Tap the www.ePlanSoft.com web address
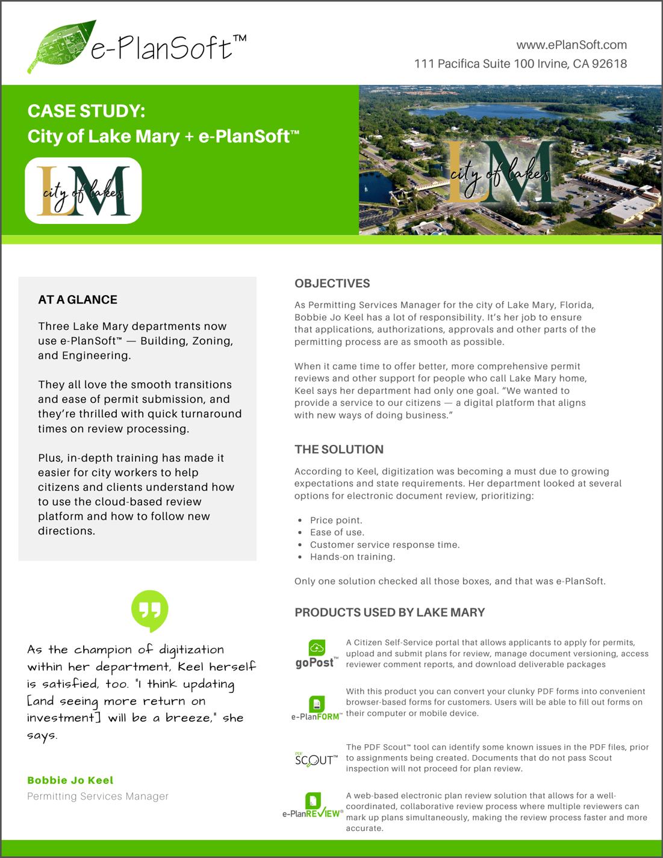(571, 45)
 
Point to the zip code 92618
(609, 64)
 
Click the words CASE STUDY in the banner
(86, 111)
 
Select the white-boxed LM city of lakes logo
(83, 191)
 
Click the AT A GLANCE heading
(78, 300)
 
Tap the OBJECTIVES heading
(332, 284)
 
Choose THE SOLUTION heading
(338, 450)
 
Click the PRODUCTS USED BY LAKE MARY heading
(389, 612)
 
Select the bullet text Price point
(336, 520)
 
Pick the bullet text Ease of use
(337, 532)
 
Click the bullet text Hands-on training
(352, 557)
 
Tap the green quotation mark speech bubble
(149, 611)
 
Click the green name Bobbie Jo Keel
(70, 780)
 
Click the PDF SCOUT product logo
(316, 759)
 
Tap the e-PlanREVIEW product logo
(313, 806)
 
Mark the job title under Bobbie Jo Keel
(98, 797)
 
